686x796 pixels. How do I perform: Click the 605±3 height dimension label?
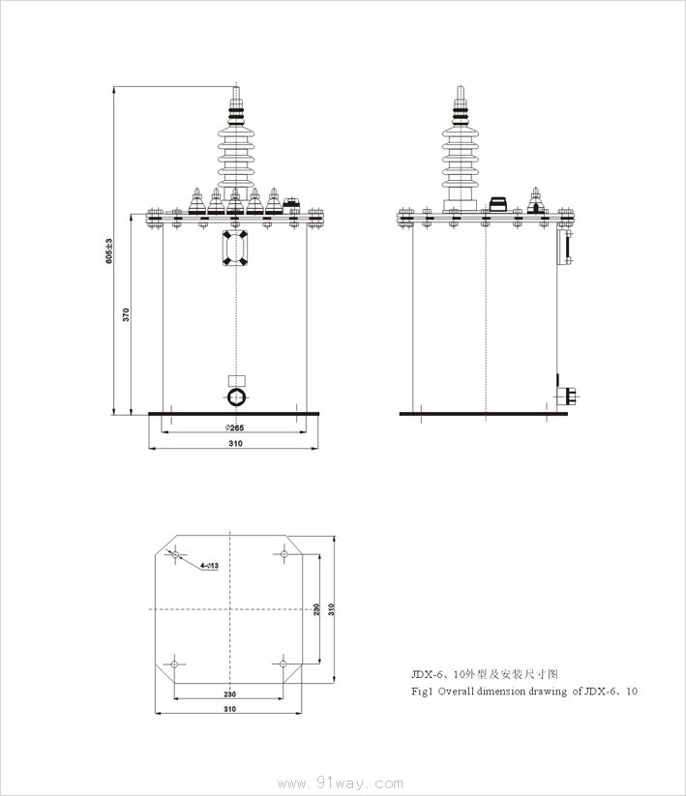coord(108,251)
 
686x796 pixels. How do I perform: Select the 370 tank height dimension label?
coord(126,314)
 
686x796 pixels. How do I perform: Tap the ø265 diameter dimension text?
coord(234,427)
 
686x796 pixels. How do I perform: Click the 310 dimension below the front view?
coord(235,443)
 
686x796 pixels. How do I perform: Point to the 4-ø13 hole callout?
coord(209,565)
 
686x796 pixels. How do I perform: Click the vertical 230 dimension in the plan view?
coord(316,609)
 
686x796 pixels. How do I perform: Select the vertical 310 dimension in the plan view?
coord(331,609)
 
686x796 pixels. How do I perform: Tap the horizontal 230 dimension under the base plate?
coord(229,694)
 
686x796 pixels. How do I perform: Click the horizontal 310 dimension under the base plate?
coord(229,709)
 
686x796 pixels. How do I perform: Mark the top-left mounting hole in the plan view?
coord(176,554)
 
